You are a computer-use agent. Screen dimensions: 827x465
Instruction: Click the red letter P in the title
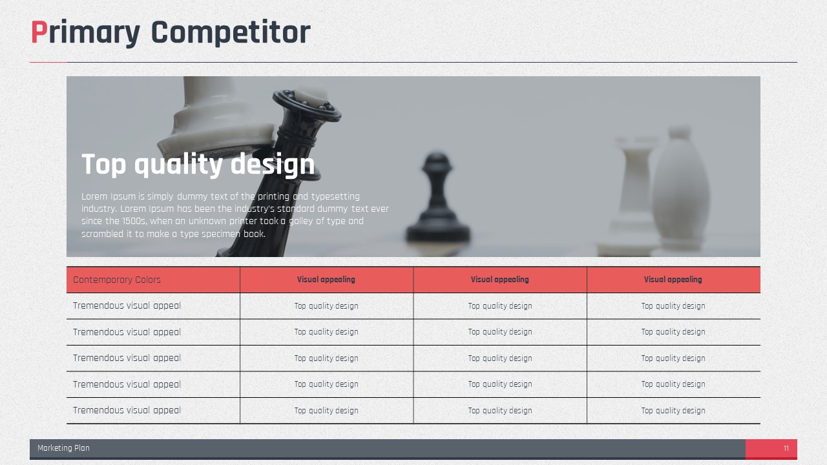(x=39, y=32)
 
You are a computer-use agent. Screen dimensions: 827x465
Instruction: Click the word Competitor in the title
(x=231, y=33)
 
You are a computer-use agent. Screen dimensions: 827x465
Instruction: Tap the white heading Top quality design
(x=198, y=165)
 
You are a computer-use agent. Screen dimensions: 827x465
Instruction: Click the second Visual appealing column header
(x=499, y=280)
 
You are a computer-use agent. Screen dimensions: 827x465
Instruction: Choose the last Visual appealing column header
(x=673, y=280)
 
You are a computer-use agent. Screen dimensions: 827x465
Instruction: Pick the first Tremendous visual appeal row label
(x=127, y=306)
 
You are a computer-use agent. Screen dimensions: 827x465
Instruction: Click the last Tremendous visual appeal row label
(x=127, y=410)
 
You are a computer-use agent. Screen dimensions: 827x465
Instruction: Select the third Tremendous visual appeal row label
(x=127, y=358)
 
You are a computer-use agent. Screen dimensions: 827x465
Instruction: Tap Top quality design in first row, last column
(x=673, y=306)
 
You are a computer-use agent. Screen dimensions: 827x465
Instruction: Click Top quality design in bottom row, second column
(x=326, y=410)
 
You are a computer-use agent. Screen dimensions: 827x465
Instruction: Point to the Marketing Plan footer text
(x=63, y=448)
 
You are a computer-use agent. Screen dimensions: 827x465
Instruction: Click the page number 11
(x=786, y=448)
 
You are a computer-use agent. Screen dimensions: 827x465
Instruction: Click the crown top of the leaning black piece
(x=307, y=105)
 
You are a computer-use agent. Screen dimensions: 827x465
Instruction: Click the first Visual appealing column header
(x=326, y=280)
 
